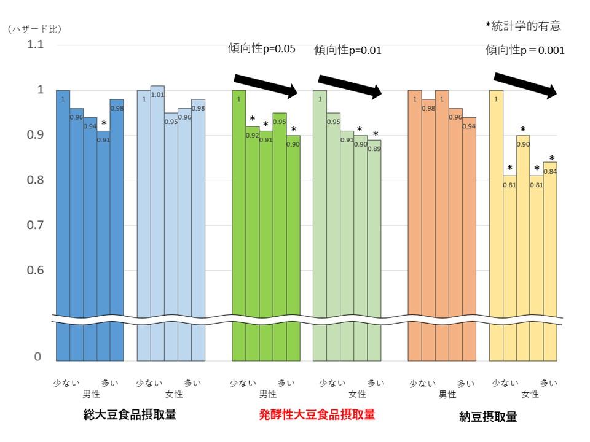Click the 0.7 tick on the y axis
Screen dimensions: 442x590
pyautogui.click(x=34, y=225)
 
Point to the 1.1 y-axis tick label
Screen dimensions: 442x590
pyautogui.click(x=34, y=45)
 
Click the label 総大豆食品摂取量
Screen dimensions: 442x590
pyautogui.click(x=130, y=415)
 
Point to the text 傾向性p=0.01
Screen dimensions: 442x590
pyautogui.click(x=348, y=50)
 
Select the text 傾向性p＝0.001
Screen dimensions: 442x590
pyautogui.click(x=525, y=50)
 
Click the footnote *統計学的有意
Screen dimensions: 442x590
pyautogui.click(x=523, y=26)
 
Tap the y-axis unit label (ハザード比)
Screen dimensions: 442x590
pyautogui.click(x=35, y=29)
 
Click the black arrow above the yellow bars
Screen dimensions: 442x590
pyautogui.click(x=525, y=85)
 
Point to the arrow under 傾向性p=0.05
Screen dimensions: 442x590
pyautogui.click(x=265, y=85)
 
